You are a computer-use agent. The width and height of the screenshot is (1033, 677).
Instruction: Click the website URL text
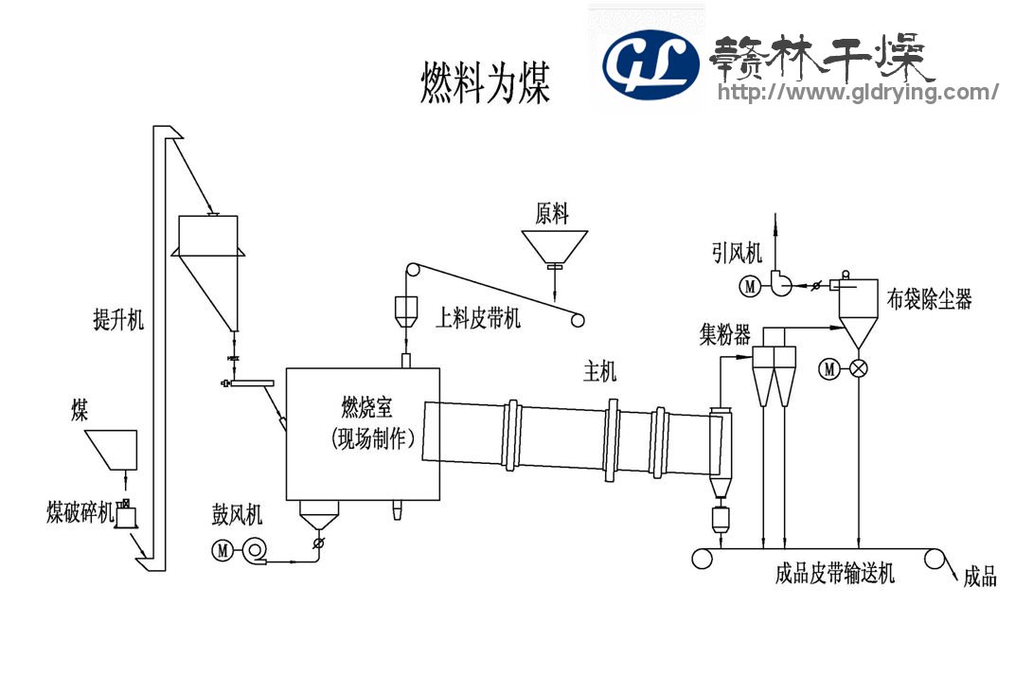click(858, 92)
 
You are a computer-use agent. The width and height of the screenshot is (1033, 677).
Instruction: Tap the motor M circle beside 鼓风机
click(223, 549)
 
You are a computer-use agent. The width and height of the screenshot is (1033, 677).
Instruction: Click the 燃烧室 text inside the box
click(366, 408)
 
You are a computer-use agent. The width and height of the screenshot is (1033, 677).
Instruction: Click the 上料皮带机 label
click(478, 317)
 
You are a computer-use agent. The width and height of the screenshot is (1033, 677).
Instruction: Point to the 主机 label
click(599, 373)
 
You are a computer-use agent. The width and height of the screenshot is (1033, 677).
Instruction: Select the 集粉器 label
click(725, 335)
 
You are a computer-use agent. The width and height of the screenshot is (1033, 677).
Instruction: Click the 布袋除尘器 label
click(930, 299)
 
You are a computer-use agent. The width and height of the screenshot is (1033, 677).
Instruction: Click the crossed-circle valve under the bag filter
click(859, 369)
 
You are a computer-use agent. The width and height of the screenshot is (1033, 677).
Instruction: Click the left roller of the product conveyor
click(702, 559)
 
